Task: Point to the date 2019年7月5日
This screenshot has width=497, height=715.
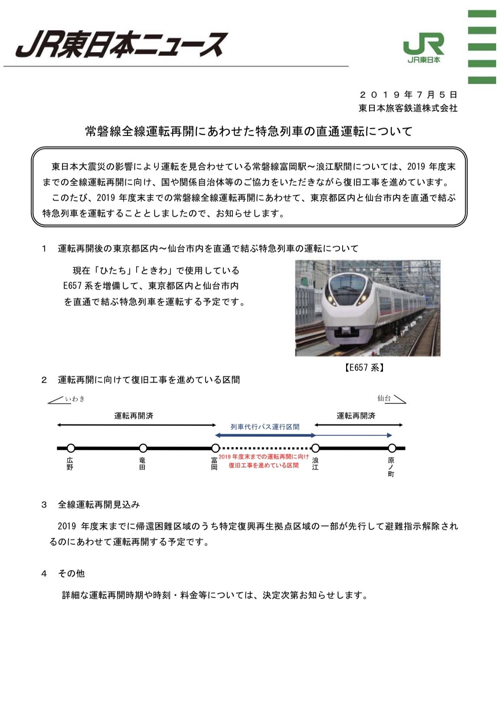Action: [408, 94]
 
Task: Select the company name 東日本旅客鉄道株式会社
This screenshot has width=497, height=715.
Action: [408, 108]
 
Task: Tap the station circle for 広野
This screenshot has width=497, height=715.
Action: [71, 448]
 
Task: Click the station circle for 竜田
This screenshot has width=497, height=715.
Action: [143, 448]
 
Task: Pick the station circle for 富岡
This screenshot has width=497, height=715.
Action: [215, 448]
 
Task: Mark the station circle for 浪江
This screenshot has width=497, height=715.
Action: [316, 448]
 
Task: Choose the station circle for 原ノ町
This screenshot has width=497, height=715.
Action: [392, 448]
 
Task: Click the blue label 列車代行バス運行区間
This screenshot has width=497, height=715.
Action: [265, 427]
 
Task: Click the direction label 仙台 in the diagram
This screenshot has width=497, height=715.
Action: [384, 398]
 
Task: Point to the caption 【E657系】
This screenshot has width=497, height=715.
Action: [365, 368]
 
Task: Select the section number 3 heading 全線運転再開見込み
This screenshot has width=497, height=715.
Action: [99, 504]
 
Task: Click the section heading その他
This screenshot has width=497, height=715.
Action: [72, 573]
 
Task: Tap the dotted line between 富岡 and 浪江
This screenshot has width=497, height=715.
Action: [265, 448]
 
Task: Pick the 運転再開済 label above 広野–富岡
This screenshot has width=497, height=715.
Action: [134, 416]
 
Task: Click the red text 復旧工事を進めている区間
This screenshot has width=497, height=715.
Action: [264, 465]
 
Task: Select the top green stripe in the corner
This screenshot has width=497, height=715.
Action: [482, 14]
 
